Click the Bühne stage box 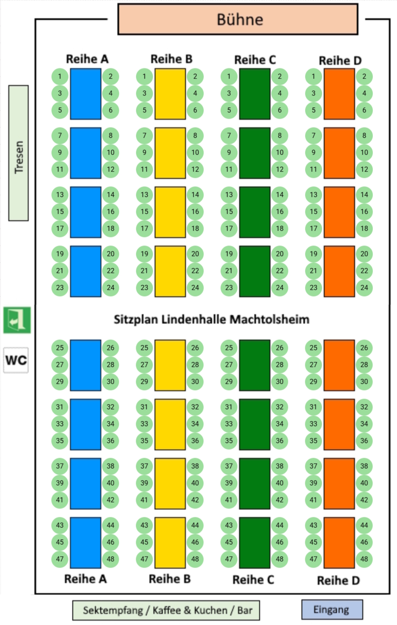[238, 19]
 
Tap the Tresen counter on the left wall [19, 153]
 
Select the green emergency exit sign [17, 320]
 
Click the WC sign [16, 360]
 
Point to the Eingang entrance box [332, 610]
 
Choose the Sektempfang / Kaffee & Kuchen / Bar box [166, 611]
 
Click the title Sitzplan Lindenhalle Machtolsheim [211, 319]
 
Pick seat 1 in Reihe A [60, 76]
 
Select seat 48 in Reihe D [364, 559]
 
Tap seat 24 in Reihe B [195, 287]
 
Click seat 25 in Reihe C [229, 348]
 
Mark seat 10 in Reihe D [364, 152]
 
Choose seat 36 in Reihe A [110, 440]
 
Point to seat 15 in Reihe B [145, 211]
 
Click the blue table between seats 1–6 [85, 94]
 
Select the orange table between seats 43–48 [339, 543]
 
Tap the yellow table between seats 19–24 [170, 271]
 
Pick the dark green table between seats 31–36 [255, 424]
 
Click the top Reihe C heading [255, 60]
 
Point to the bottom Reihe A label [85, 579]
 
